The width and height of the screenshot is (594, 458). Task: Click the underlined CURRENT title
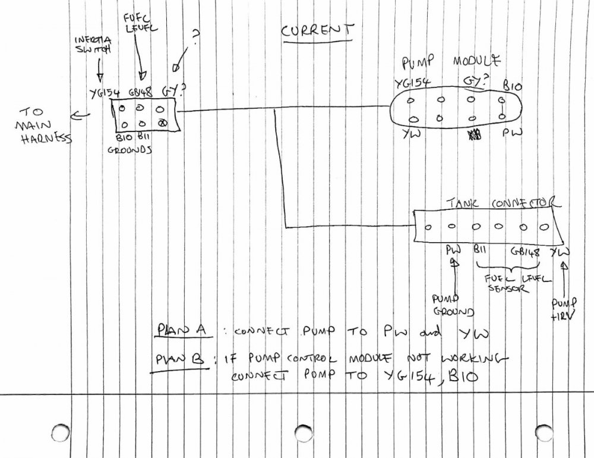318,31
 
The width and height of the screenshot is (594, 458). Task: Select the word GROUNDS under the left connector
130,150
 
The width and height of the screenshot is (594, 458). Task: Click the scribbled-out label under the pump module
474,136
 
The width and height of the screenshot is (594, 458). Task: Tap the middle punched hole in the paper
303,432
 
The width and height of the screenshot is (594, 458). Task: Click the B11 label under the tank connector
481,251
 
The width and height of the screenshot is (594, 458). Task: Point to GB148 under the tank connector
525,252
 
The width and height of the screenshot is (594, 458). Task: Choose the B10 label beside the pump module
512,86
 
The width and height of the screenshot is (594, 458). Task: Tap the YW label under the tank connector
559,252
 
